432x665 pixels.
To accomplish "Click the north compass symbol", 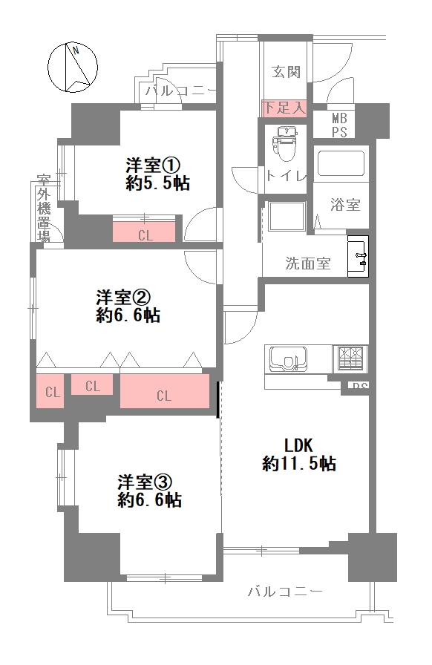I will [71, 67].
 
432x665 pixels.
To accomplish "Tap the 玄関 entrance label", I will [286, 72].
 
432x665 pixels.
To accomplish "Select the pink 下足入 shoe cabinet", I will [284, 108].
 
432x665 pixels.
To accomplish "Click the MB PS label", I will [339, 125].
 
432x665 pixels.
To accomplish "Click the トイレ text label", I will [286, 176].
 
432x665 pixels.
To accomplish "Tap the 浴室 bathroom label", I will [345, 205].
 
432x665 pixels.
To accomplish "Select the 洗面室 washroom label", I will [308, 263].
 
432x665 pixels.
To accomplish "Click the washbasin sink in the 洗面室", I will [359, 257].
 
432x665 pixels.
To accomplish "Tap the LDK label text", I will [300, 445].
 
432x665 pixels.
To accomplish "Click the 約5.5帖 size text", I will [157, 183].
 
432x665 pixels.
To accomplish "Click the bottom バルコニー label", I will [284, 592].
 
